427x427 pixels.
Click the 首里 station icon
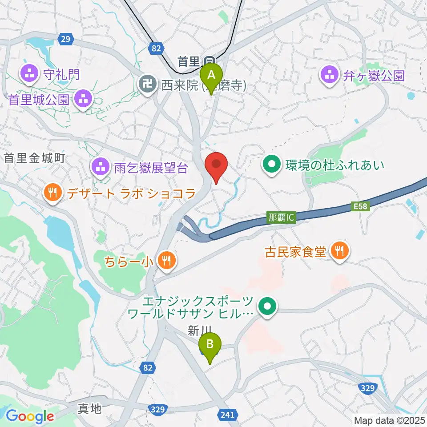[x=208, y=60]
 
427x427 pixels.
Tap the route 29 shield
[x=66, y=40]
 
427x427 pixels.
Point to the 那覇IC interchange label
[x=281, y=218]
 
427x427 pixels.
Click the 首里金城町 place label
[x=35, y=157]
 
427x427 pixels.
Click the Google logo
[x=30, y=416]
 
